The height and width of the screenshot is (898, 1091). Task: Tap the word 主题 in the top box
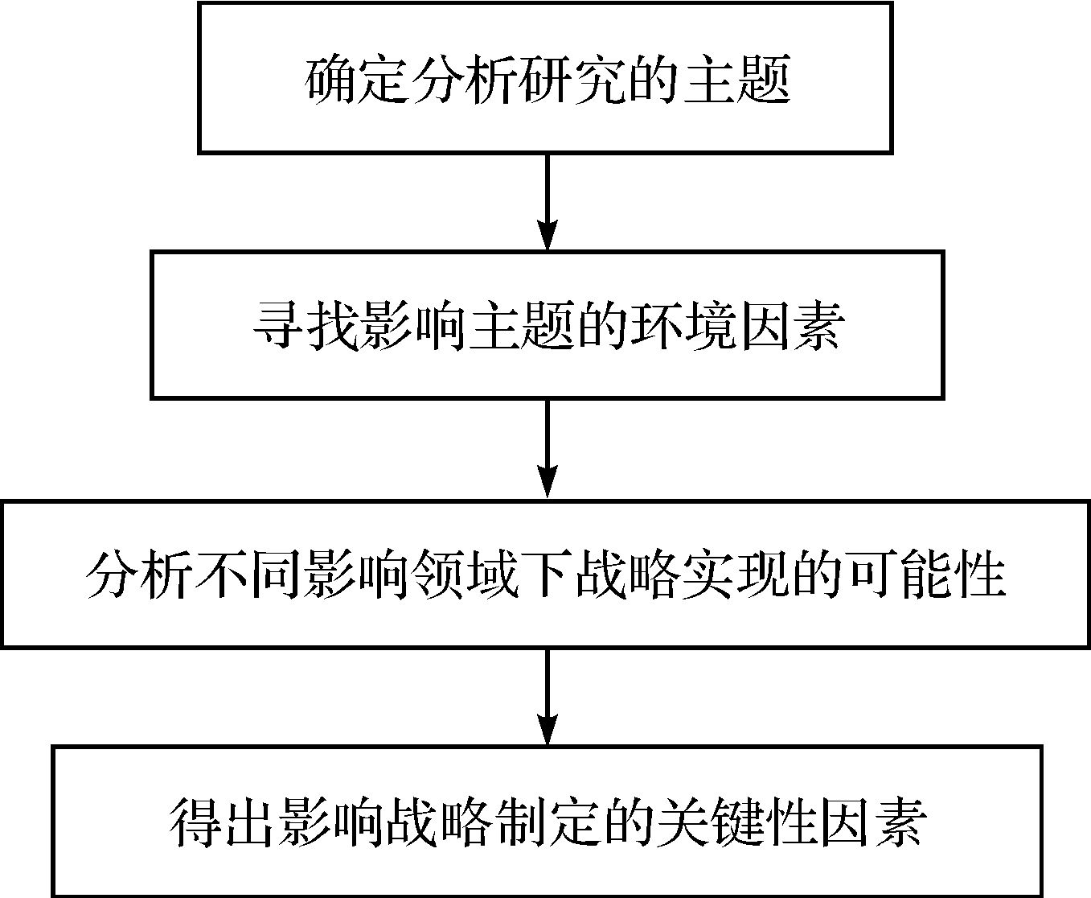click(x=736, y=80)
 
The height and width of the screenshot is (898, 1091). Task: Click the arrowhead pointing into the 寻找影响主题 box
click(x=548, y=236)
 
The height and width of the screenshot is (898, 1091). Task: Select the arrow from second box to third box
click(x=548, y=449)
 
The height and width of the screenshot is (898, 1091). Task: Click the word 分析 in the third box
click(x=139, y=575)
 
